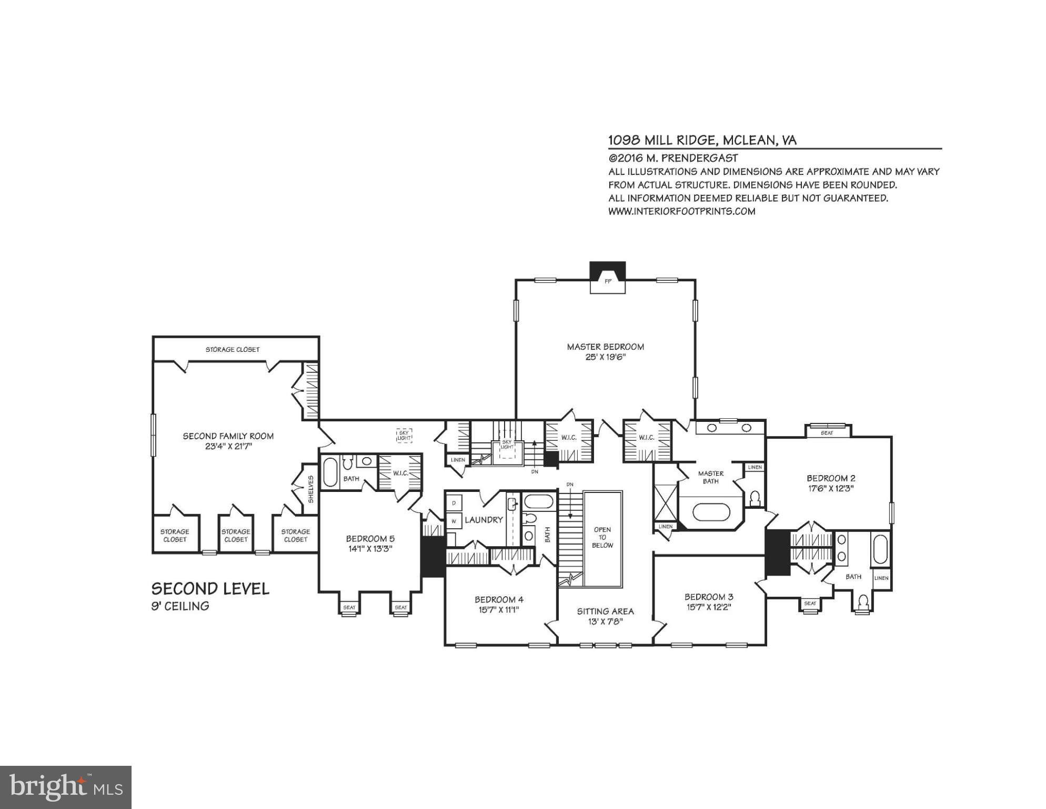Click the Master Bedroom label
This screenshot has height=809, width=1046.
point(605,347)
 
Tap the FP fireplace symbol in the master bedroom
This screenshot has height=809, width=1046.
point(608,281)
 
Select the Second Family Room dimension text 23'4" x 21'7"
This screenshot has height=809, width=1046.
point(228,447)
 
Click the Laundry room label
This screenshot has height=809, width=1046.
point(484,520)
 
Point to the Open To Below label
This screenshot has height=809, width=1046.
point(602,537)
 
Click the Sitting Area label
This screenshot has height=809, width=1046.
point(605,611)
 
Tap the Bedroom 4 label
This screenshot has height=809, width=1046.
point(499,599)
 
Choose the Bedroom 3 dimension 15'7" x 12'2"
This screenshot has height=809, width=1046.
point(709,607)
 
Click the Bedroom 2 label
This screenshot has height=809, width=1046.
point(831,478)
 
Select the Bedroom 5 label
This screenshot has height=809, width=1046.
point(370,538)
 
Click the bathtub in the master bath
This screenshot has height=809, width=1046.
point(711,511)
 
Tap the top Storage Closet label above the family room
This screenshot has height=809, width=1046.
point(232,349)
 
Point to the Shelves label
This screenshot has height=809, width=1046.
point(310,489)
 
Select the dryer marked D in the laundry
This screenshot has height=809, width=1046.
point(454,503)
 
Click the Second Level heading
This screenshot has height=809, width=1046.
point(210,589)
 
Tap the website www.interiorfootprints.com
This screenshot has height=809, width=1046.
point(681,211)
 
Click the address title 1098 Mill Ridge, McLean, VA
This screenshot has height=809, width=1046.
point(702,140)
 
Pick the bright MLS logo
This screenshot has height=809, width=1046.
point(66,787)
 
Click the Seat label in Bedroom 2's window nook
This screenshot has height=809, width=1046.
point(827,433)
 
